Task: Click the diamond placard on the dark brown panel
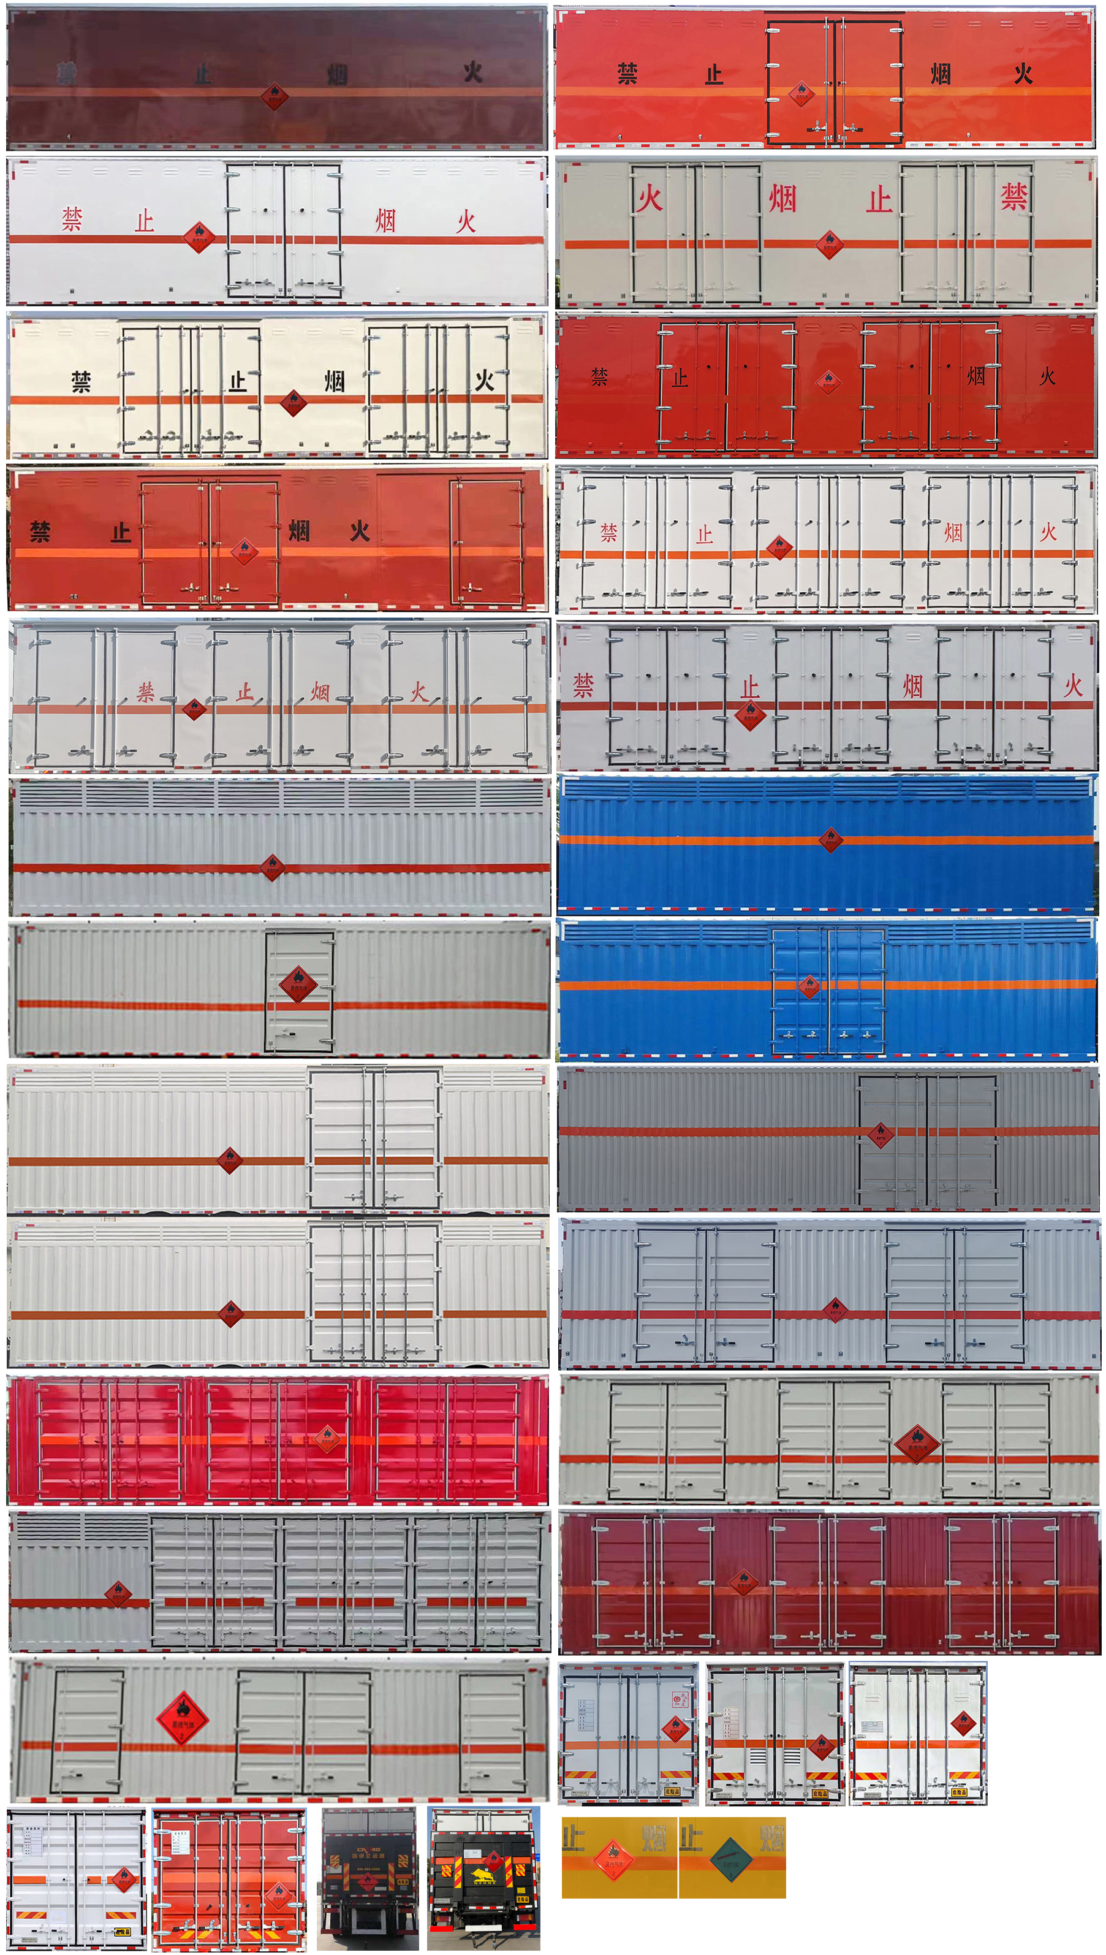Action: coord(275,96)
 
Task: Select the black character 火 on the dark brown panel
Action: coord(472,72)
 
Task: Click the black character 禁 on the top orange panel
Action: coord(627,74)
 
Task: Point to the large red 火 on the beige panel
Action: coord(650,199)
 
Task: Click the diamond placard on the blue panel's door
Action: coord(808,986)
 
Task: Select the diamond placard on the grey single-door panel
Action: coord(298,985)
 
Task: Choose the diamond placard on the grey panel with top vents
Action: coord(272,867)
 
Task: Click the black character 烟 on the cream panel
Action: coord(334,381)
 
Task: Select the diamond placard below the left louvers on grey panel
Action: coord(118,1593)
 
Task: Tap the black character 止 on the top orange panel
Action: coord(713,74)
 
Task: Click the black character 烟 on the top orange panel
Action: coord(941,74)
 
